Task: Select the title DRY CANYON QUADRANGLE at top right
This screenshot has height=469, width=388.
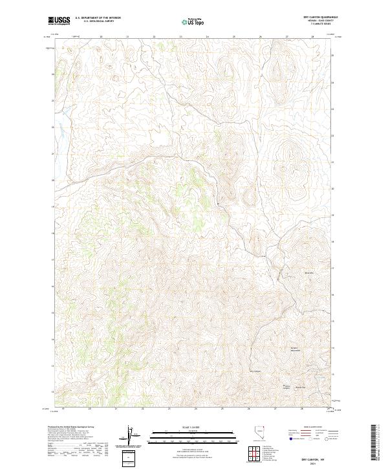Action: coord(318,17)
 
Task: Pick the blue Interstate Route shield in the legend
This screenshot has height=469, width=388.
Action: coord(287,438)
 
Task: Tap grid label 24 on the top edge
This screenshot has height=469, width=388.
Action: coord(207,37)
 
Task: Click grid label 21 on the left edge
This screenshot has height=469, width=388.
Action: coord(53,153)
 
